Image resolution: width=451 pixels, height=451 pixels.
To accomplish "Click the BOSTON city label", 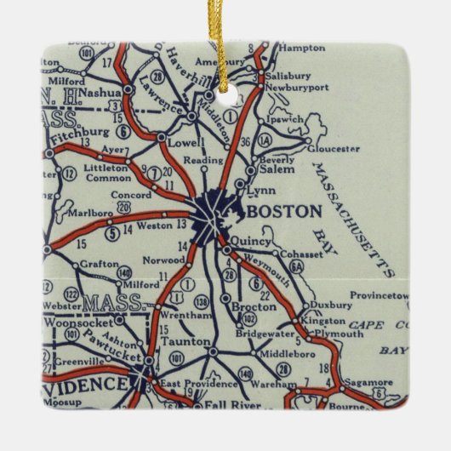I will click(283, 210).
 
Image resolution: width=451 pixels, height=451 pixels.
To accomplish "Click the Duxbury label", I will click(329, 303).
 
